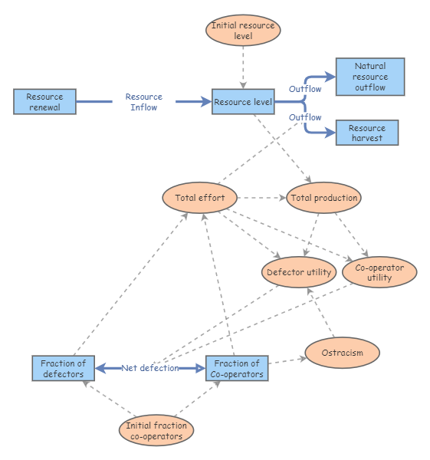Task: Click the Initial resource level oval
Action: (x=243, y=31)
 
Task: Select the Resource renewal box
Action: (x=44, y=102)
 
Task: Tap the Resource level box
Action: (x=242, y=102)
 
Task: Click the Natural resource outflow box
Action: (x=370, y=77)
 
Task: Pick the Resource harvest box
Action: (x=368, y=133)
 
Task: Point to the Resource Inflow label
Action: (x=144, y=102)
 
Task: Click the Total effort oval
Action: (x=199, y=198)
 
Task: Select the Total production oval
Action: (x=323, y=198)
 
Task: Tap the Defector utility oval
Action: (x=298, y=272)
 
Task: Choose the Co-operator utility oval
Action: (x=379, y=272)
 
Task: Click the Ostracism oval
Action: (x=343, y=353)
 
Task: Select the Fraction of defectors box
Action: (x=63, y=368)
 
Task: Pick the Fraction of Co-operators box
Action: (x=237, y=368)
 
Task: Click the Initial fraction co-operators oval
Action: (x=156, y=431)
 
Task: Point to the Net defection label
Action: (x=149, y=368)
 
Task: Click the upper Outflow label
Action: (x=305, y=89)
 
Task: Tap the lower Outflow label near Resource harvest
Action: (x=305, y=117)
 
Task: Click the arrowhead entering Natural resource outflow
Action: (x=331, y=77)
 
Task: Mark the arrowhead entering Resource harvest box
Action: (x=331, y=133)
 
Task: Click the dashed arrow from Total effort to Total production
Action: (x=261, y=198)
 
